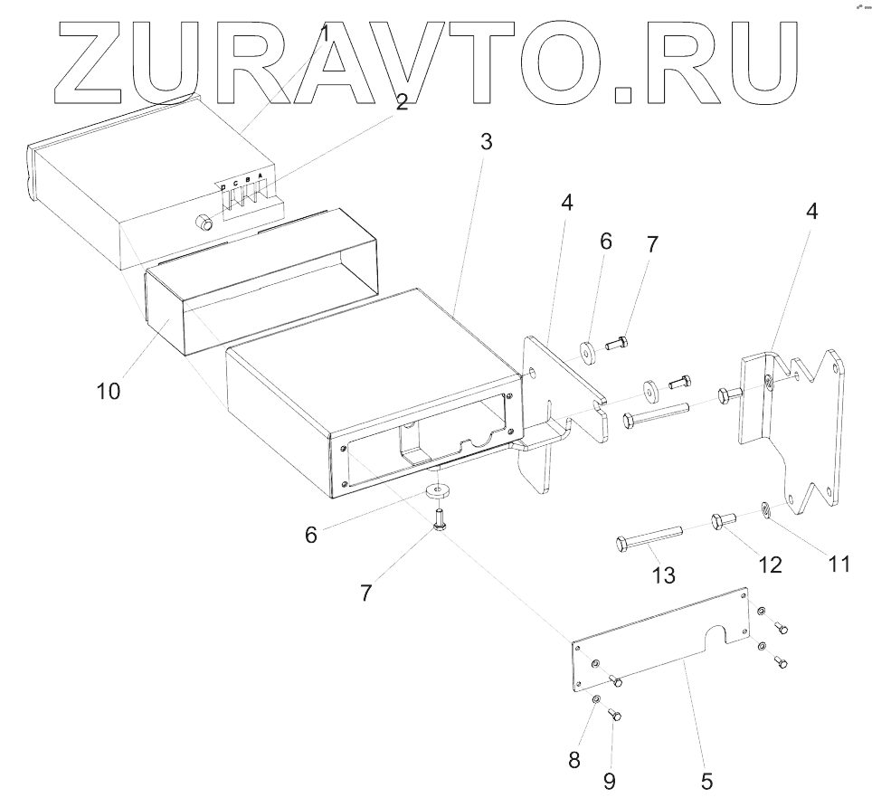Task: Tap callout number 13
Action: click(664, 574)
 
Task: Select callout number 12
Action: click(770, 565)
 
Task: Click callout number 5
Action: click(707, 779)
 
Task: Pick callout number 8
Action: click(573, 760)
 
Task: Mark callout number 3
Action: click(486, 141)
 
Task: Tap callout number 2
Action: click(402, 102)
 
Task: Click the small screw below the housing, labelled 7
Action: click(440, 519)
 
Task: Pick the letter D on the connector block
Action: click(223, 187)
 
